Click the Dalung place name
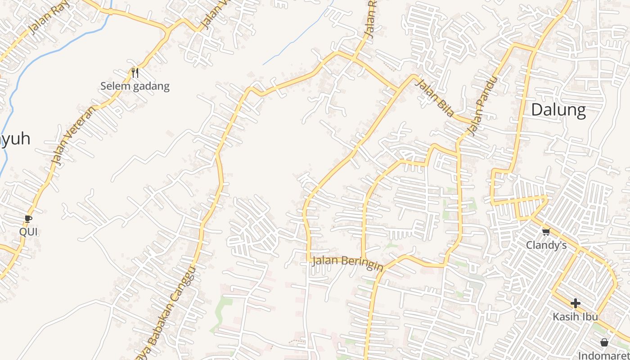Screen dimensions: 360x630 click(x=558, y=110)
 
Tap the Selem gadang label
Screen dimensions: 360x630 click(x=135, y=86)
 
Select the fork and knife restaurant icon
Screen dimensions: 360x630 click(x=135, y=72)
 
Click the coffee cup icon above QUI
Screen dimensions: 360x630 click(x=28, y=219)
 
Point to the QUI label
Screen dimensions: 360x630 click(x=28, y=232)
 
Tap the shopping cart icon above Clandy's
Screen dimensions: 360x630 click(x=546, y=232)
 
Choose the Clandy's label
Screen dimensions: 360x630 click(x=546, y=245)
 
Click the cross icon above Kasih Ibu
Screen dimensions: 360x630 click(x=575, y=303)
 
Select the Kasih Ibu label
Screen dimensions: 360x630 click(x=575, y=316)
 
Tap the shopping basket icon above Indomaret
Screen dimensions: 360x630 click(x=604, y=342)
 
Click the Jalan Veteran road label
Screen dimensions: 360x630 click(x=72, y=135)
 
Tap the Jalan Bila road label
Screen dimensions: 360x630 click(x=434, y=98)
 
